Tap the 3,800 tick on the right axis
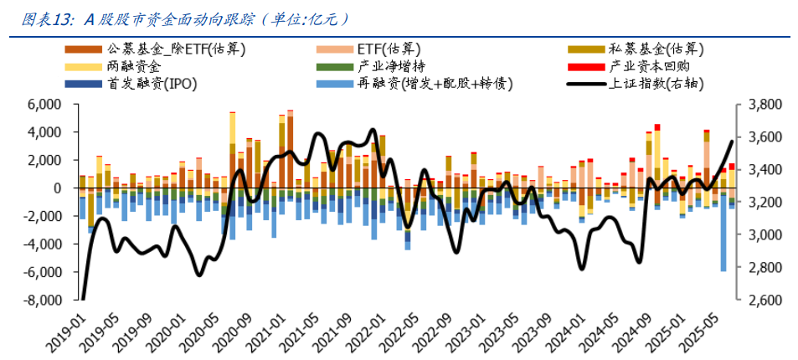pos(761,105)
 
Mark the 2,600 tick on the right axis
pos(761,300)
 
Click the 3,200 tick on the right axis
pos(761,203)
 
